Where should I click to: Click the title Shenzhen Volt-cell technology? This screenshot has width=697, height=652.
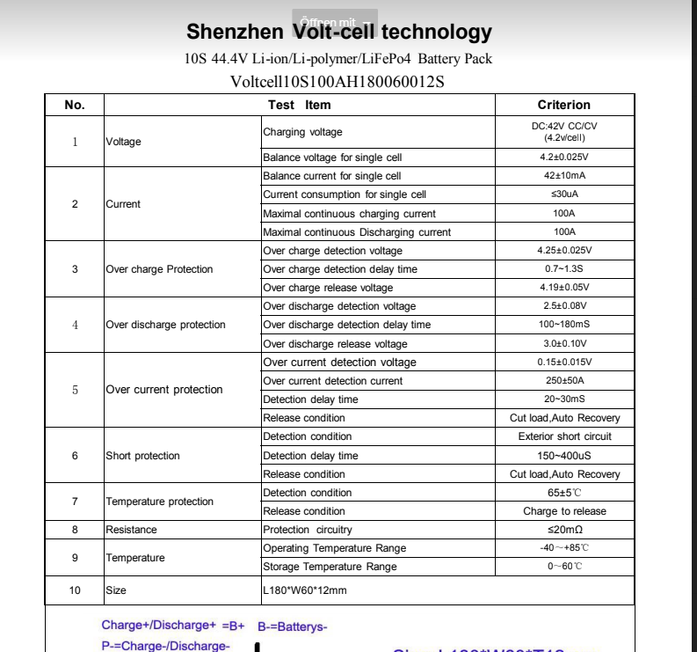point(339,33)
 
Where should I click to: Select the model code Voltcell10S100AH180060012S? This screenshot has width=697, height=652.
point(338,82)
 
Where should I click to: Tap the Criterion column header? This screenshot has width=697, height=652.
point(564,105)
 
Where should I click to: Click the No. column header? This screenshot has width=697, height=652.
point(75,105)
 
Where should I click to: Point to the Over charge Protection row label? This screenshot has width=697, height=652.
point(159,269)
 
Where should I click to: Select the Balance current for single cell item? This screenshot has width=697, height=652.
point(331,176)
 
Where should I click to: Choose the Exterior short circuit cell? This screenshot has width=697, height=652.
point(564,436)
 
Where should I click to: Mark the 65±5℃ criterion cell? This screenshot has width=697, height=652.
point(564,493)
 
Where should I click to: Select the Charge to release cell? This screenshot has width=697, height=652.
point(564,511)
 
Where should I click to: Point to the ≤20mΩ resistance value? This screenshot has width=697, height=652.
point(564,530)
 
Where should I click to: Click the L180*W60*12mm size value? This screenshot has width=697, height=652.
point(305,590)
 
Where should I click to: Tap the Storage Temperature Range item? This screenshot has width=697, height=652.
point(330,567)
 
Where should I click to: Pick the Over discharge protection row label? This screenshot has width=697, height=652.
point(165,325)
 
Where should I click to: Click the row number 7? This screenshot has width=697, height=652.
point(75,502)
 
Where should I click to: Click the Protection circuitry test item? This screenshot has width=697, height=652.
point(307,530)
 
